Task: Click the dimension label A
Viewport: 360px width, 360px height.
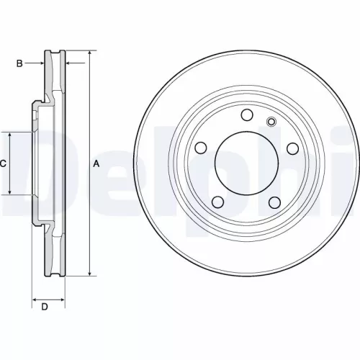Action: point(96,164)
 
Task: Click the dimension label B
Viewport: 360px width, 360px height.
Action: point(19,63)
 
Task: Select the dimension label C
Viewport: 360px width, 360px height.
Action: point(3,164)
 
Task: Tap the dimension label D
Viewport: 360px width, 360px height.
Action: point(45,307)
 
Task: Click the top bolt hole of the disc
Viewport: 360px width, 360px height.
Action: point(247,114)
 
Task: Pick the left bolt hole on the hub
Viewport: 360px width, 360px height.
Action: point(201,148)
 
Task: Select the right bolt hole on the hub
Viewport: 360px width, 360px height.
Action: point(293,148)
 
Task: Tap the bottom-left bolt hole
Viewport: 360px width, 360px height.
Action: point(218,202)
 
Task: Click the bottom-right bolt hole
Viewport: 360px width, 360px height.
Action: point(275,202)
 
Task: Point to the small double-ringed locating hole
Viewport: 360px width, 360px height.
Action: point(271,122)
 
